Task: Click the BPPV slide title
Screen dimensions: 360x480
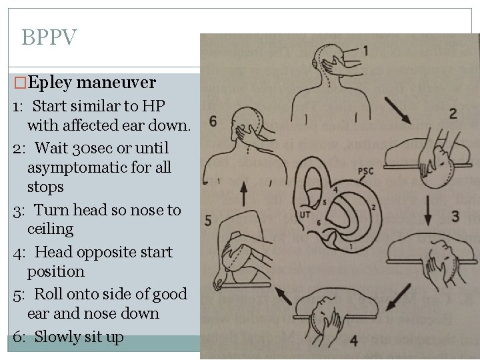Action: [x=49, y=37]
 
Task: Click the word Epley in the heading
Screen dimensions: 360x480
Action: [x=51, y=83]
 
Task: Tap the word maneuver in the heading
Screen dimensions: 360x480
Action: [x=116, y=83]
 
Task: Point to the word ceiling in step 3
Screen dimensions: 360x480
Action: [x=50, y=229]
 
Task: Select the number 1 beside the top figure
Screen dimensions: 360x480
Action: [x=365, y=50]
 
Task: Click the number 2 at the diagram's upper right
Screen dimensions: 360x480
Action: [x=453, y=113]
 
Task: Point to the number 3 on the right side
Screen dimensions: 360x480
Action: [x=455, y=216]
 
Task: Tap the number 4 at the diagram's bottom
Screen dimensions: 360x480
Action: [x=353, y=341]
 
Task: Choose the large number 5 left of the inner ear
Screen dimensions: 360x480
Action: [x=208, y=220]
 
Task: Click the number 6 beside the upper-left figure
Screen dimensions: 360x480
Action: [x=213, y=121]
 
